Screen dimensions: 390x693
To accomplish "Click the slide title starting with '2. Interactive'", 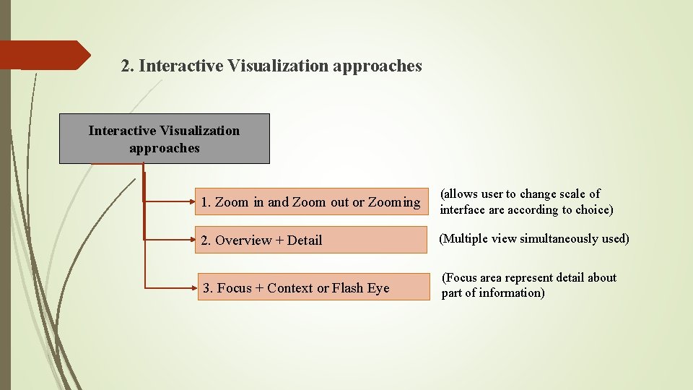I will click(271, 66).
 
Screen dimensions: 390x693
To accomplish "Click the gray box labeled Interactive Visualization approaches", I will click(164, 139).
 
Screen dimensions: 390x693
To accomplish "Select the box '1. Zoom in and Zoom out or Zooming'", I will click(310, 202).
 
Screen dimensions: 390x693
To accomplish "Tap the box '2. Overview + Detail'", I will click(310, 240).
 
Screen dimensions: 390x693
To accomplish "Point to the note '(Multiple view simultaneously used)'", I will click(534, 238).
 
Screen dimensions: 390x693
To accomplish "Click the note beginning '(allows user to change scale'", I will click(526, 201).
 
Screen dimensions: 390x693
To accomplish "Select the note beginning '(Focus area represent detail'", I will click(529, 285).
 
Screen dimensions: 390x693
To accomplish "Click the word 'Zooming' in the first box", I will click(394, 202).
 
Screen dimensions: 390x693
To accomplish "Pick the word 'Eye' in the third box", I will click(378, 288).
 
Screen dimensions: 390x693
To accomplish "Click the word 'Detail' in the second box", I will click(305, 240).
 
